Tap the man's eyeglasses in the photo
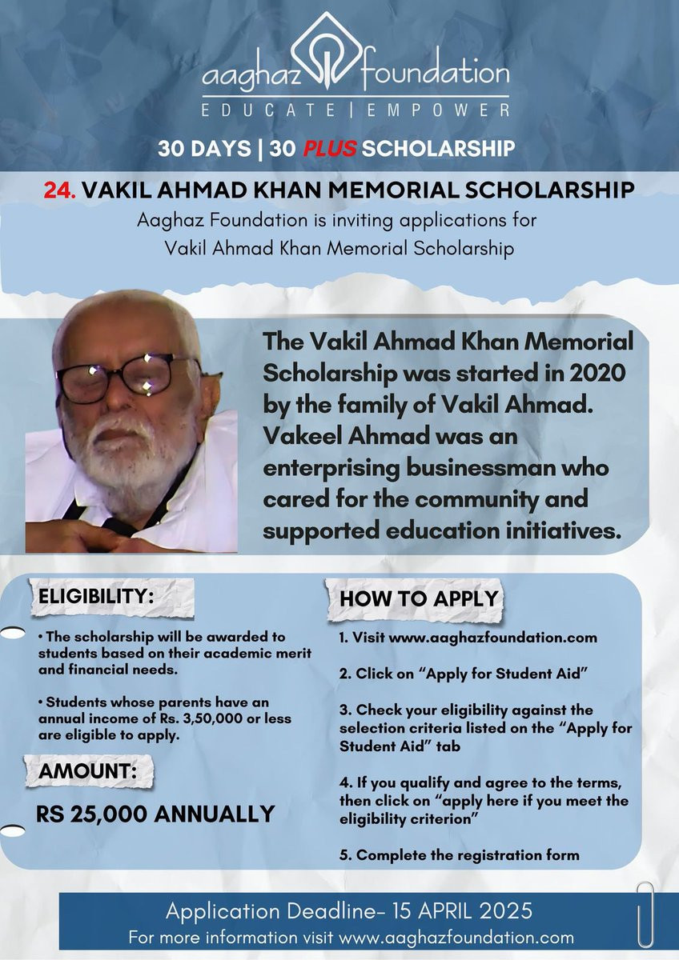coord(128,376)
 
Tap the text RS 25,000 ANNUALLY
coord(155,814)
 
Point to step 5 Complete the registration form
coord(459,855)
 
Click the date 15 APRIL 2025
coord(459,910)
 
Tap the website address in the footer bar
coord(456,937)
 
